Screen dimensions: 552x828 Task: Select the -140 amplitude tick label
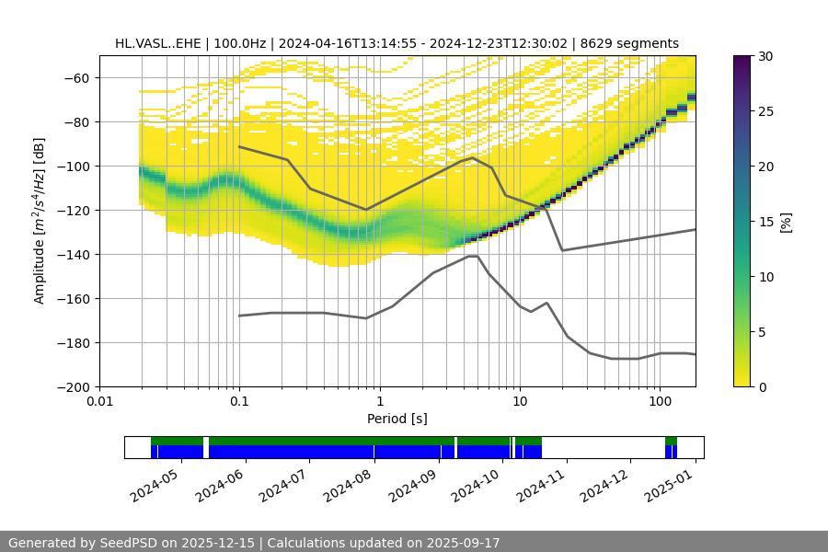[75, 255]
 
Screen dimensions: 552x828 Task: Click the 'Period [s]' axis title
[397, 419]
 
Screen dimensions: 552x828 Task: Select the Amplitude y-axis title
[39, 221]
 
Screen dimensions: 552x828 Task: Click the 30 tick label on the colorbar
[765, 56]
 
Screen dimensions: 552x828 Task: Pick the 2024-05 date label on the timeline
[159, 482]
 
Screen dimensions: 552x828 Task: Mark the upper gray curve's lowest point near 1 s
[366, 210]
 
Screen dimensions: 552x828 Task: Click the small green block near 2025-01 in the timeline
[671, 441]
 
